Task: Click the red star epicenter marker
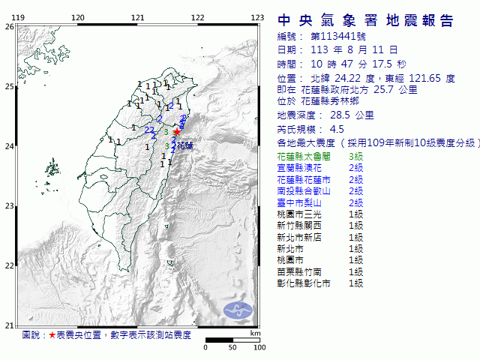pos(177,131)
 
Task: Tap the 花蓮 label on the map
pos(184,146)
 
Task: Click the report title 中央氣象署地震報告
pos(365,20)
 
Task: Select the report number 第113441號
pos(337,37)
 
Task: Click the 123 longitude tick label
pos(257,17)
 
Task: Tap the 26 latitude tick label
pos(9,27)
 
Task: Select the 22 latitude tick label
pos(9,265)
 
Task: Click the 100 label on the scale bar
pos(259,347)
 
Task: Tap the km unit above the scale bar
pos(255,333)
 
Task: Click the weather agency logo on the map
pos(240,308)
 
